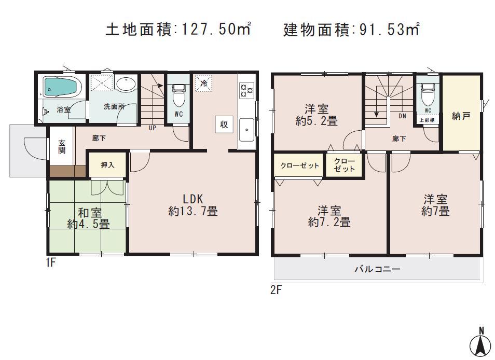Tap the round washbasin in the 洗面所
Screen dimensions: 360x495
126,84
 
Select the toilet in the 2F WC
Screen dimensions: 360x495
428,93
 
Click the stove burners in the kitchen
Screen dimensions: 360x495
246,90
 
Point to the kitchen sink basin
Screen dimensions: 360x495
246,126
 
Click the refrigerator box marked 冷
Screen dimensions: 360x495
204,84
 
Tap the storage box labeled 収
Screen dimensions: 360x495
224,124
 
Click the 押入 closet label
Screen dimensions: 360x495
107,165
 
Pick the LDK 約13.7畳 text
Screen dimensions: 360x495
192,205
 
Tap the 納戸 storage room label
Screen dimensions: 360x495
460,116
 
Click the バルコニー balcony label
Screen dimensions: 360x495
377,270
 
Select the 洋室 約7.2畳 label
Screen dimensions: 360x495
329,216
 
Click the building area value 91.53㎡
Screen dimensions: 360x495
389,30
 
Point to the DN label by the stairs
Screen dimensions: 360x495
402,116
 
